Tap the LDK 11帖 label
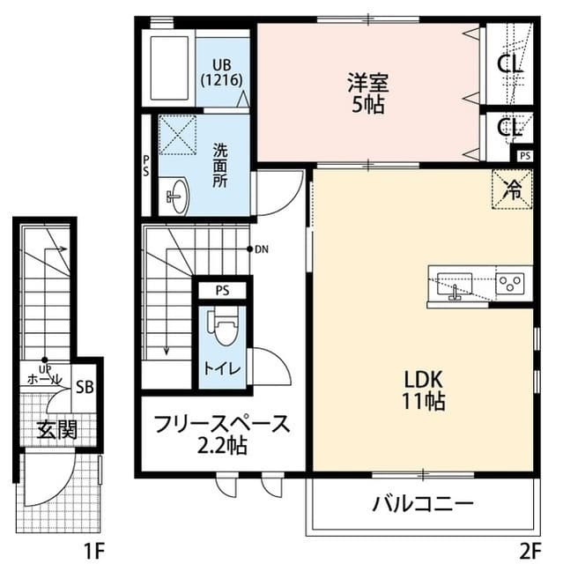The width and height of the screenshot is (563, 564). click(x=424, y=390)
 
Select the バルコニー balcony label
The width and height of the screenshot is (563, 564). click(x=423, y=505)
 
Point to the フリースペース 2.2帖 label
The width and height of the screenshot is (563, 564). click(x=221, y=434)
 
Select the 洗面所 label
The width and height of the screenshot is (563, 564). click(x=219, y=165)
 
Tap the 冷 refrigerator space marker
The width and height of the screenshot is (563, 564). click(x=511, y=188)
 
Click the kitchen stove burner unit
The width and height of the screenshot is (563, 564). click(x=510, y=282)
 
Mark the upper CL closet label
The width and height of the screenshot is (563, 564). click(x=509, y=63)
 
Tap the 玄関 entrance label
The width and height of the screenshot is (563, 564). click(x=57, y=429)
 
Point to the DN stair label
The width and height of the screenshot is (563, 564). click(x=262, y=249)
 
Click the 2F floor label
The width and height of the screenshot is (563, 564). click(x=529, y=551)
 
